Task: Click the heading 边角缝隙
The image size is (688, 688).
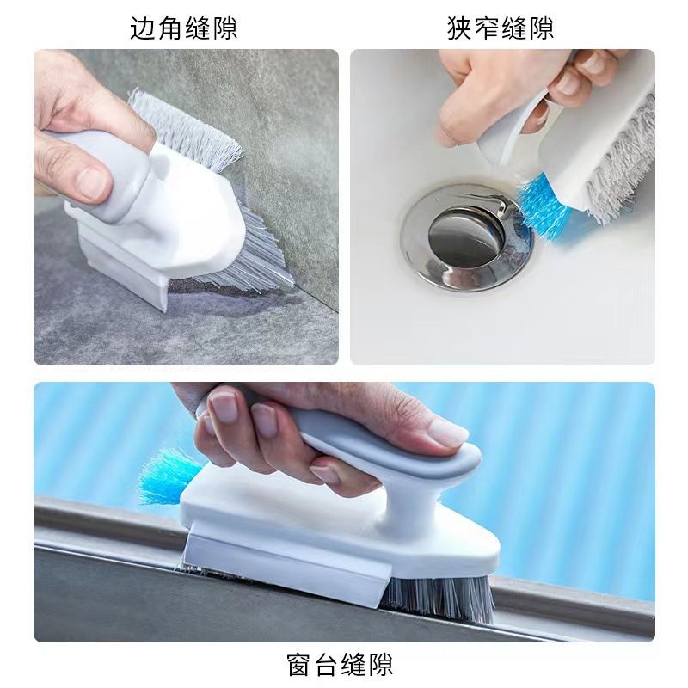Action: coord(183,28)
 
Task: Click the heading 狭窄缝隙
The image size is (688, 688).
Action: coord(501,28)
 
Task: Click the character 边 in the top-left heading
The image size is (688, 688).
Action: coord(143,28)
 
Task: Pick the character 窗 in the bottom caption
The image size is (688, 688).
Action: coord(300,664)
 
